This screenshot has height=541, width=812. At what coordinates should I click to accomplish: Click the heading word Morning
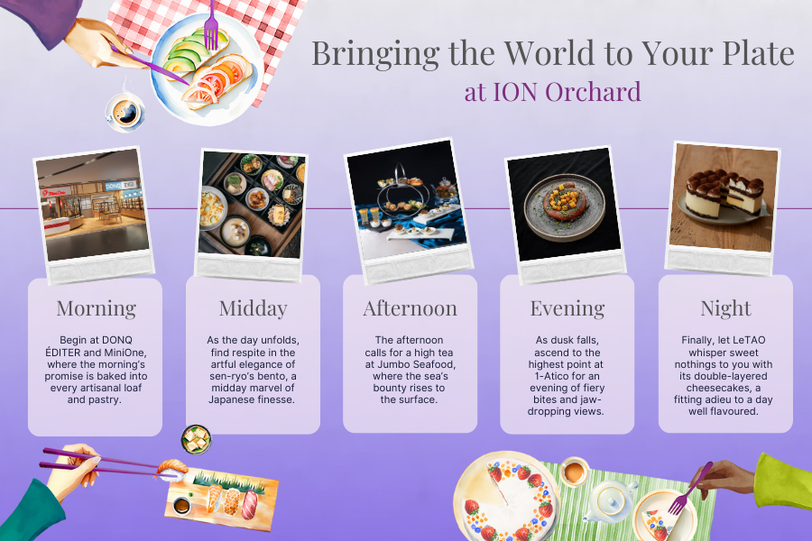97,308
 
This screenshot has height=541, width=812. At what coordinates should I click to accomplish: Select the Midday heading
254,308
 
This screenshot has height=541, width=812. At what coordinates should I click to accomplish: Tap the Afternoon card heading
411,308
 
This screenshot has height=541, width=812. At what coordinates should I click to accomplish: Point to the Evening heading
567,308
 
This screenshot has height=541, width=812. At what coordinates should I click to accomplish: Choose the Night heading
725,308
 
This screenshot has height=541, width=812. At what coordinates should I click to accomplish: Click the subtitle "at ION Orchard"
552,92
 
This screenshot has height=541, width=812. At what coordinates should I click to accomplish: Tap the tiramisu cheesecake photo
724,198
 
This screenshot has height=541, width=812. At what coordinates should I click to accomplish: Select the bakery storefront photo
93,205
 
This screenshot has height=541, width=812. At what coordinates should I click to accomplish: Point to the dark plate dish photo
564,205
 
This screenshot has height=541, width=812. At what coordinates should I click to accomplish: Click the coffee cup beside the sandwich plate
125,112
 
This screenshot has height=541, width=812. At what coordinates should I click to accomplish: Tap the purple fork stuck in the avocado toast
211,26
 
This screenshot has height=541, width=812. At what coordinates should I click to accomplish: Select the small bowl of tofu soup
196,439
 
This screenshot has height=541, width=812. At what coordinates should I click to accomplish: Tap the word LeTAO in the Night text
748,340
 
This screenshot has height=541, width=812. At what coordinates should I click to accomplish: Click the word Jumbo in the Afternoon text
393,364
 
